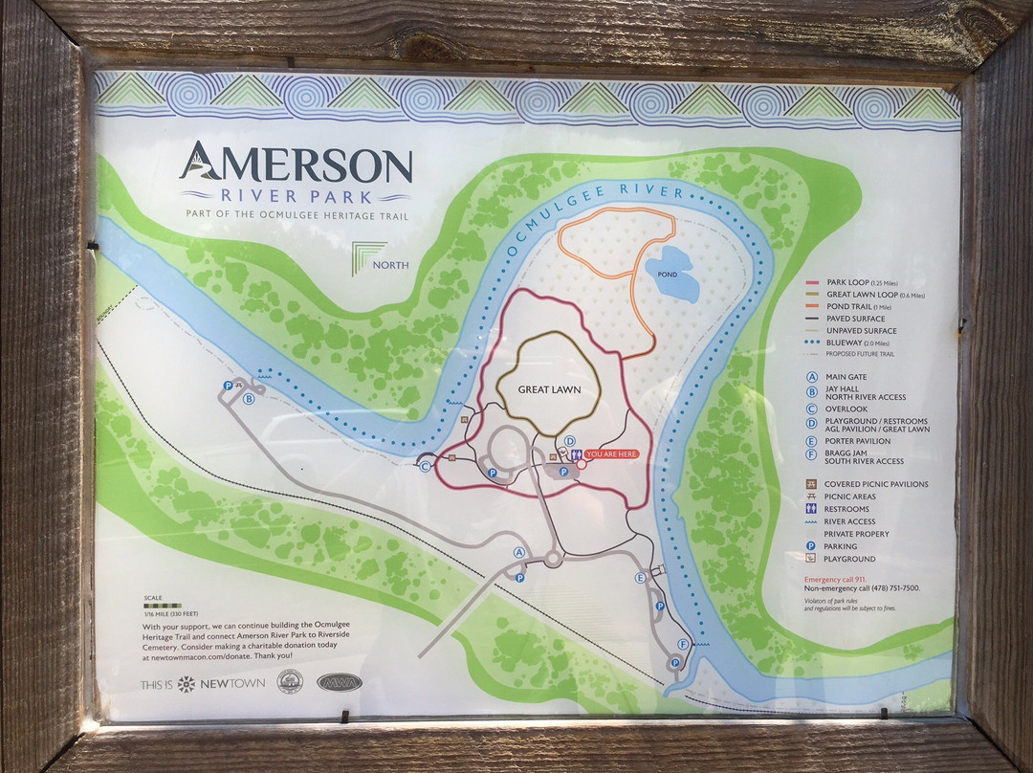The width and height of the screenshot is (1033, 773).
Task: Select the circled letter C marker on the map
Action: tap(426, 466)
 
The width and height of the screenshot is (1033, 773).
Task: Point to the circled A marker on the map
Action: tap(519, 552)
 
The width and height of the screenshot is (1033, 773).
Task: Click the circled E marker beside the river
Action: tap(641, 577)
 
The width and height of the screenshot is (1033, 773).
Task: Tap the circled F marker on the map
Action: tap(683, 644)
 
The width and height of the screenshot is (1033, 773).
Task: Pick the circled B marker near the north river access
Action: tap(249, 399)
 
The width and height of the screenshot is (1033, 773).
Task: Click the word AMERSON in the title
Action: tap(296, 165)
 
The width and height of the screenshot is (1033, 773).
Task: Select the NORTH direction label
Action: tap(392, 265)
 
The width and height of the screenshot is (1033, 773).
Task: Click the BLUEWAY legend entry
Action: tap(847, 342)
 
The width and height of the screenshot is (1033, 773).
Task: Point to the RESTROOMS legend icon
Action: tap(812, 509)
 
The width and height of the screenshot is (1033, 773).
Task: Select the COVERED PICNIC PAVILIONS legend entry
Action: tap(875, 484)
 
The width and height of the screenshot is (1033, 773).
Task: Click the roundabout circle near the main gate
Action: tap(553, 560)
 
